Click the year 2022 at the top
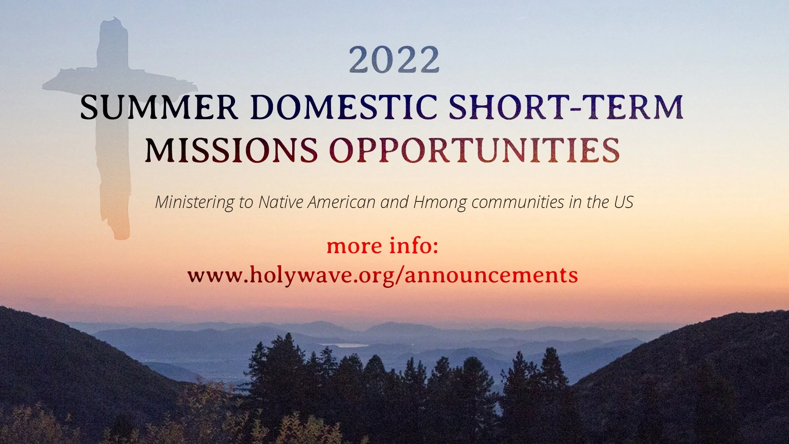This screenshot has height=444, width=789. (394, 60)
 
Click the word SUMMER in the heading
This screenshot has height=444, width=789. (159, 107)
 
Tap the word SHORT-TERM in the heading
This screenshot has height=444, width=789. (565, 107)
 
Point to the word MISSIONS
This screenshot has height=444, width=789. (231, 150)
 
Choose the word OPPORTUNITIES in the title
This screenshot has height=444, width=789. (474, 150)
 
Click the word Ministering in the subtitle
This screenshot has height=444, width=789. (194, 202)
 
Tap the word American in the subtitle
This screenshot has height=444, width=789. (341, 202)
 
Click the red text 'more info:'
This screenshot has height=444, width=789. (383, 246)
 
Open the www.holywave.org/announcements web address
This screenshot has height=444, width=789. (383, 275)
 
